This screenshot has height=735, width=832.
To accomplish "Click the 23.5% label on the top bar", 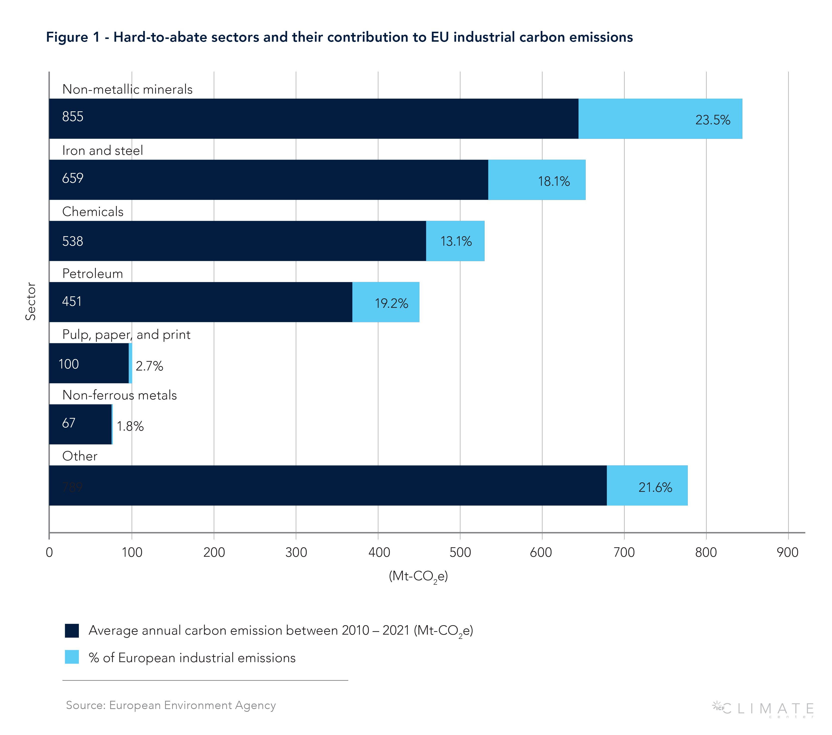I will (712, 120).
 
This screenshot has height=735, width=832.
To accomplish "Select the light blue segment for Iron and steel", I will (537, 180).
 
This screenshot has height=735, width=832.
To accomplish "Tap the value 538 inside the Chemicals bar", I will (72, 241).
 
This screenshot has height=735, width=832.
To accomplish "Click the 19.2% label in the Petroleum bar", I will (391, 303).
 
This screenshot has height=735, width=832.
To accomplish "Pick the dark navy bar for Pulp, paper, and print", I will (89, 363).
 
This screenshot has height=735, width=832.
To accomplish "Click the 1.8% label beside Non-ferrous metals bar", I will (130, 426).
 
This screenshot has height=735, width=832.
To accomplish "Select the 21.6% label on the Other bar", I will (655, 487).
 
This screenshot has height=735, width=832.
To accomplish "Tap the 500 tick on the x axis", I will (460, 552).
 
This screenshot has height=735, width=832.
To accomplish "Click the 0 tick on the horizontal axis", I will (49, 552).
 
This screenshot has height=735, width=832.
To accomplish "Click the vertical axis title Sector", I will (30, 301).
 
